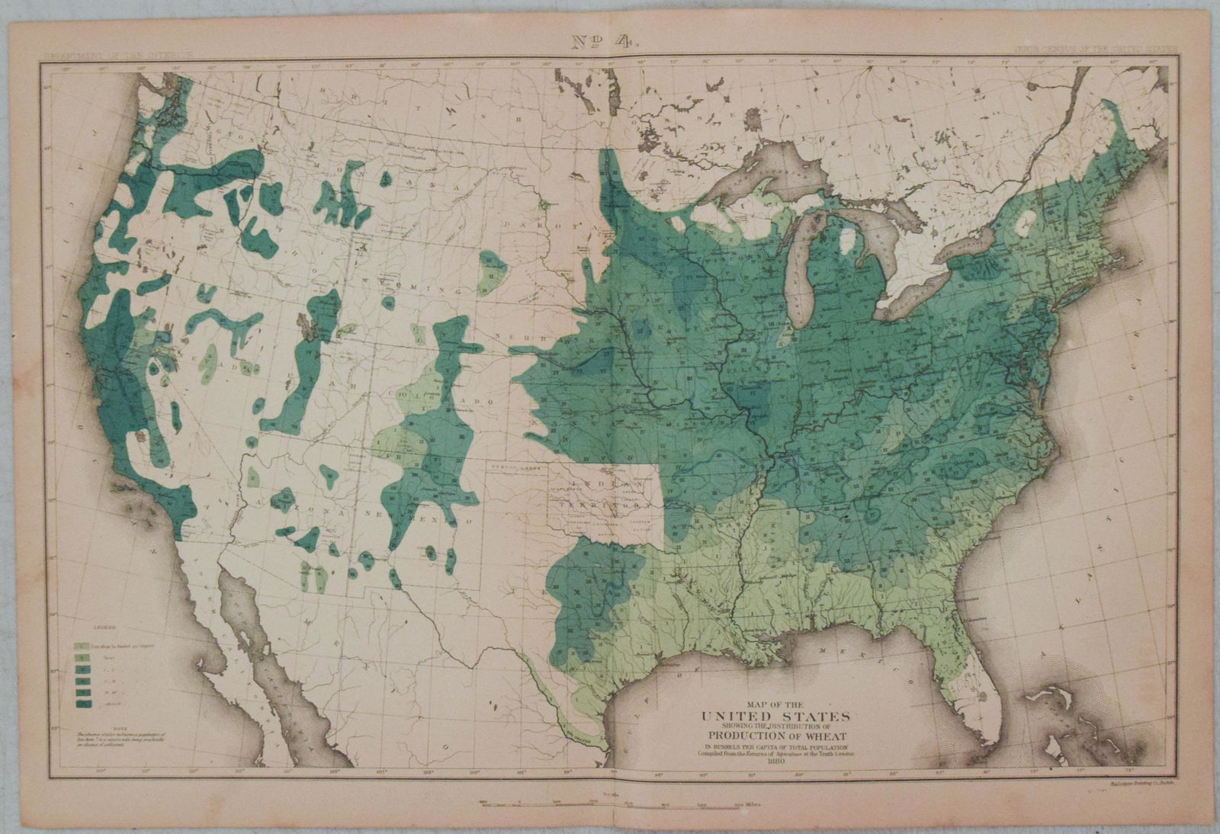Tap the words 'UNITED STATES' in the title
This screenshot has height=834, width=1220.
775,716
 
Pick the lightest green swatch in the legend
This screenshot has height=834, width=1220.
79,646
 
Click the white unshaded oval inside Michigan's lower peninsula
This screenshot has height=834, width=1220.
846,245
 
